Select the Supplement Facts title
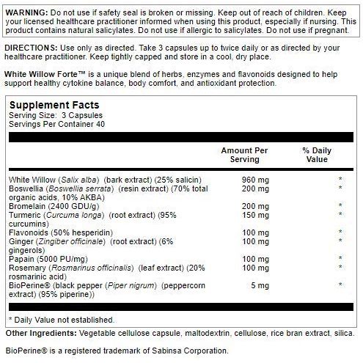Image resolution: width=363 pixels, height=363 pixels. (53, 107)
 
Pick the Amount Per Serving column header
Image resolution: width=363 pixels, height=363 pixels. (244, 155)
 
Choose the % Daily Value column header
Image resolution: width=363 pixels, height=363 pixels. (318, 155)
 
